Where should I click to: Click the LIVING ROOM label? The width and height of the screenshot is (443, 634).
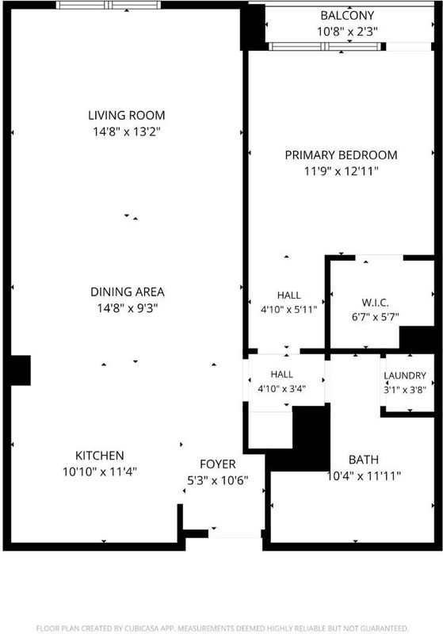pos(127,115)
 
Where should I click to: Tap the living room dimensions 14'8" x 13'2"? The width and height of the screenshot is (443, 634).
pos(127,132)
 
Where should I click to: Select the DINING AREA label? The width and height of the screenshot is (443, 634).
pos(128,292)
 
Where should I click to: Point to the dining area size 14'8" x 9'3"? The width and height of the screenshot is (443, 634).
pos(128,308)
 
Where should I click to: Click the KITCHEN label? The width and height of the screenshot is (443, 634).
pos(99,455)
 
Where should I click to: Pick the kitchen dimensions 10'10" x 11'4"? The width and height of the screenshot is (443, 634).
pos(99,472)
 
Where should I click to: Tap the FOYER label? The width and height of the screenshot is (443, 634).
pos(217,464)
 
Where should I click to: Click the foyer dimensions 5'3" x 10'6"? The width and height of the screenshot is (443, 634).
pos(217,480)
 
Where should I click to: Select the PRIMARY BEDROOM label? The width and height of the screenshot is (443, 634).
pos(341,155)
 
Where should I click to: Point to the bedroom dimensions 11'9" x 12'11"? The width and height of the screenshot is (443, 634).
pos(341,171)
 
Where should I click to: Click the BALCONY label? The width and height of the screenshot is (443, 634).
pos(347,15)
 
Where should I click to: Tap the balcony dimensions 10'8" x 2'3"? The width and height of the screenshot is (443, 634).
pos(347,32)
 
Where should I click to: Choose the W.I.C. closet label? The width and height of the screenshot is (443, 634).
pos(375,303)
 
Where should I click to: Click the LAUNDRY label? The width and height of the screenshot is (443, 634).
pos(405,376)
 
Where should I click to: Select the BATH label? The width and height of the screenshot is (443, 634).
pos(364,460)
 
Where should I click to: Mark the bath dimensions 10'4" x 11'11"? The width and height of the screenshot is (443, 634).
pos(364,476)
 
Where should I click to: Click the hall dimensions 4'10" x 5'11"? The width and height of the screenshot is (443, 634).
pos(288,310)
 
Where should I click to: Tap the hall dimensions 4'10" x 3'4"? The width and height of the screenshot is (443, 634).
pos(281,389)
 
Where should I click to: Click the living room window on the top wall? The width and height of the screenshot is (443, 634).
pos(109,5)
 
